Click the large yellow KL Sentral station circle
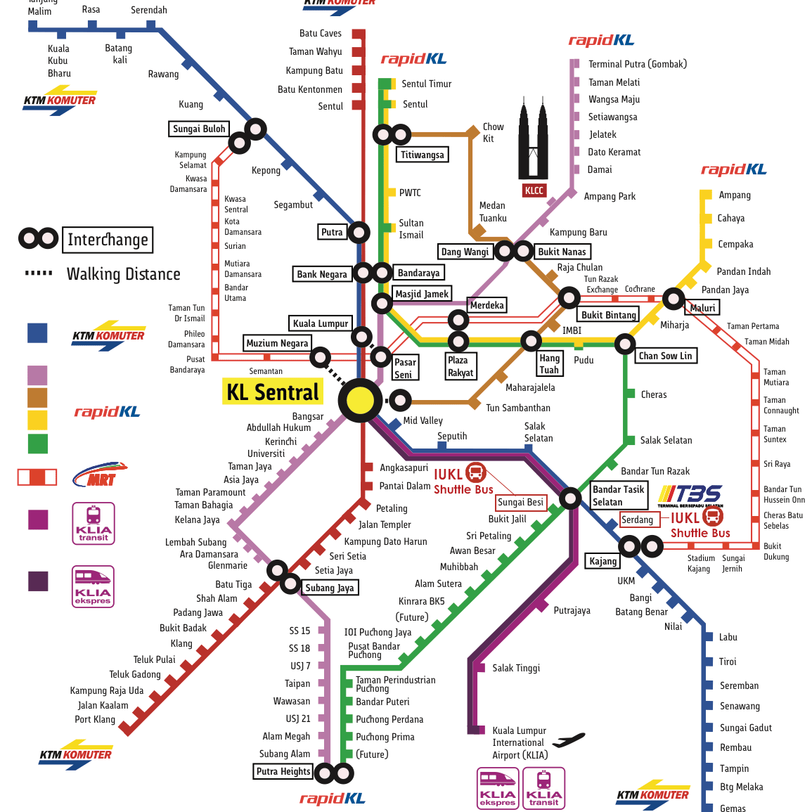click(x=360, y=400)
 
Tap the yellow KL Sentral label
click(x=272, y=392)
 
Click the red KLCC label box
click(x=534, y=191)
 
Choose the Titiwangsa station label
click(x=422, y=155)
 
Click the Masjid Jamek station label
click(x=422, y=294)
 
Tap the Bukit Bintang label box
click(x=608, y=315)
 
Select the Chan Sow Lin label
click(x=665, y=356)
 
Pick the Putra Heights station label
click(x=283, y=771)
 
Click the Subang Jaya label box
click(x=329, y=588)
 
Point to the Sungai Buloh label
click(x=199, y=129)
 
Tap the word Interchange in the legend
click(x=108, y=240)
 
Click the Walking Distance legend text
click(x=123, y=274)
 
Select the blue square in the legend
click(x=37, y=333)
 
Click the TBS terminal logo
click(x=690, y=495)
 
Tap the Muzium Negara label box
click(x=277, y=343)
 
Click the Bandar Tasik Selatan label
click(x=618, y=496)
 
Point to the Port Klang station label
click(x=95, y=719)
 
